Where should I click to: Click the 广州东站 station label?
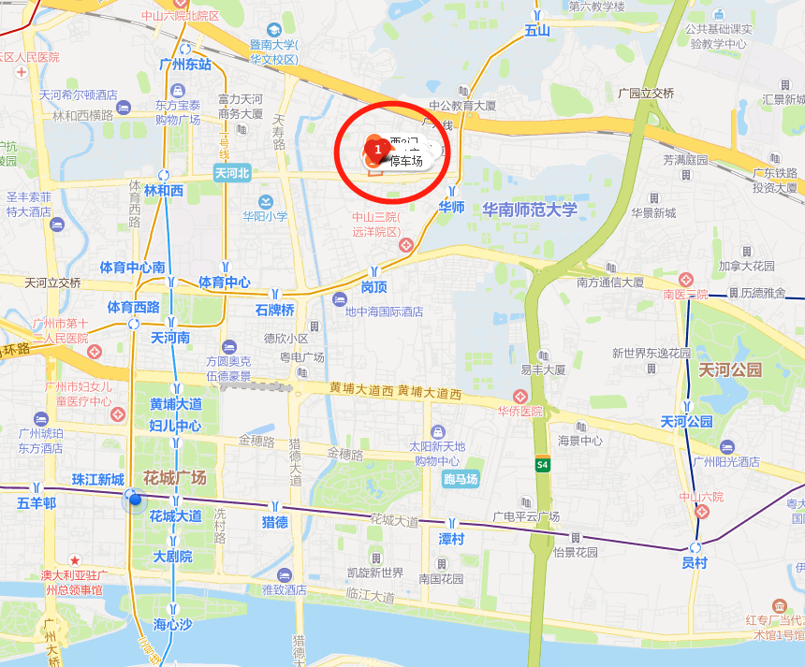point(185,65)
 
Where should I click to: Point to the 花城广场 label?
point(174,478)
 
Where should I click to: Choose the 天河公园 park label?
point(731,370)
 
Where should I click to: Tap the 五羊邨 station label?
point(37,503)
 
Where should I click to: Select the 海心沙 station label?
point(172,624)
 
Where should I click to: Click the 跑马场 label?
point(461,480)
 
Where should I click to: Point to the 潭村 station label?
point(451,539)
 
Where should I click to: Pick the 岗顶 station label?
point(374,286)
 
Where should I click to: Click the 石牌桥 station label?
point(274,310)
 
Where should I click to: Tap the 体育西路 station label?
point(133,307)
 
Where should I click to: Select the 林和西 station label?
point(164,190)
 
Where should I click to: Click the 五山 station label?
point(537,31)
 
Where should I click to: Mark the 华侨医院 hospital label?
point(521,412)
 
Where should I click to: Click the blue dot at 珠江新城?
point(136,499)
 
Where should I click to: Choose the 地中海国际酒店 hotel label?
point(384,312)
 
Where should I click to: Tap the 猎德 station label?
point(274,522)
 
